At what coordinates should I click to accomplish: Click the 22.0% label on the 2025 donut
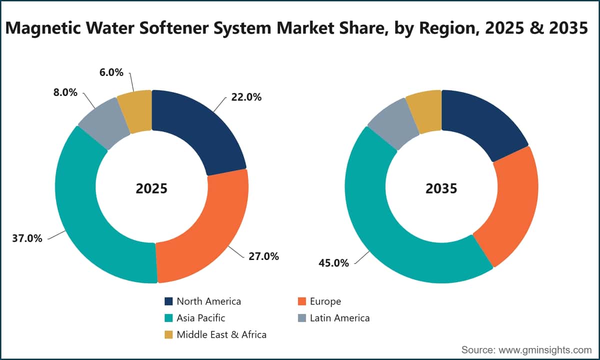point(246,97)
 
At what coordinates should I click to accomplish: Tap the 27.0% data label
point(263,256)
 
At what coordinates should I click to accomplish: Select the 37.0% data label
point(27,238)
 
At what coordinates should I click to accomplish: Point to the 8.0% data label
point(65,92)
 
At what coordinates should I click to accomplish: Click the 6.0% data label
point(111,72)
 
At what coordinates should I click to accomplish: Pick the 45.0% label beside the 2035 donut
point(334,263)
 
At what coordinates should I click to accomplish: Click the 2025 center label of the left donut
point(151,188)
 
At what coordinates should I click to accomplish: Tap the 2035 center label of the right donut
point(441,188)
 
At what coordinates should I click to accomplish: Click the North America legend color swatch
point(168,301)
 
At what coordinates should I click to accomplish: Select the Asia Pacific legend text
point(201,318)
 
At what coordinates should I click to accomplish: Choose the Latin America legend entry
point(334,318)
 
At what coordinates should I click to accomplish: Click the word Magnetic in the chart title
point(43,28)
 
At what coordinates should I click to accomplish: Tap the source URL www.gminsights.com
point(545,350)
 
